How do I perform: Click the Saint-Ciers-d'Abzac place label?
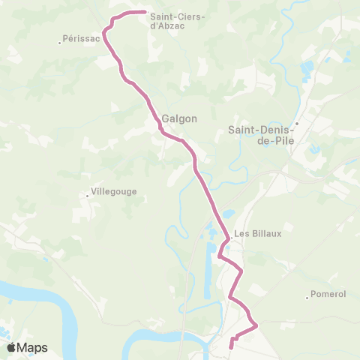(178, 20)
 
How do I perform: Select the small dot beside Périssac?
(60, 42)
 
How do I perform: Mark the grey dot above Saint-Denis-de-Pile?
(297, 124)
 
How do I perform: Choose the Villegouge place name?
(114, 191)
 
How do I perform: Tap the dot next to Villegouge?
(88, 196)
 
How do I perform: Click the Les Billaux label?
(258, 233)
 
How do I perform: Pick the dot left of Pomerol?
(308, 298)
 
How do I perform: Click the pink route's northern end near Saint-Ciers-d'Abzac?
(143, 12)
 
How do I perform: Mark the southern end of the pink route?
(230, 346)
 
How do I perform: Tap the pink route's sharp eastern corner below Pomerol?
(257, 325)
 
